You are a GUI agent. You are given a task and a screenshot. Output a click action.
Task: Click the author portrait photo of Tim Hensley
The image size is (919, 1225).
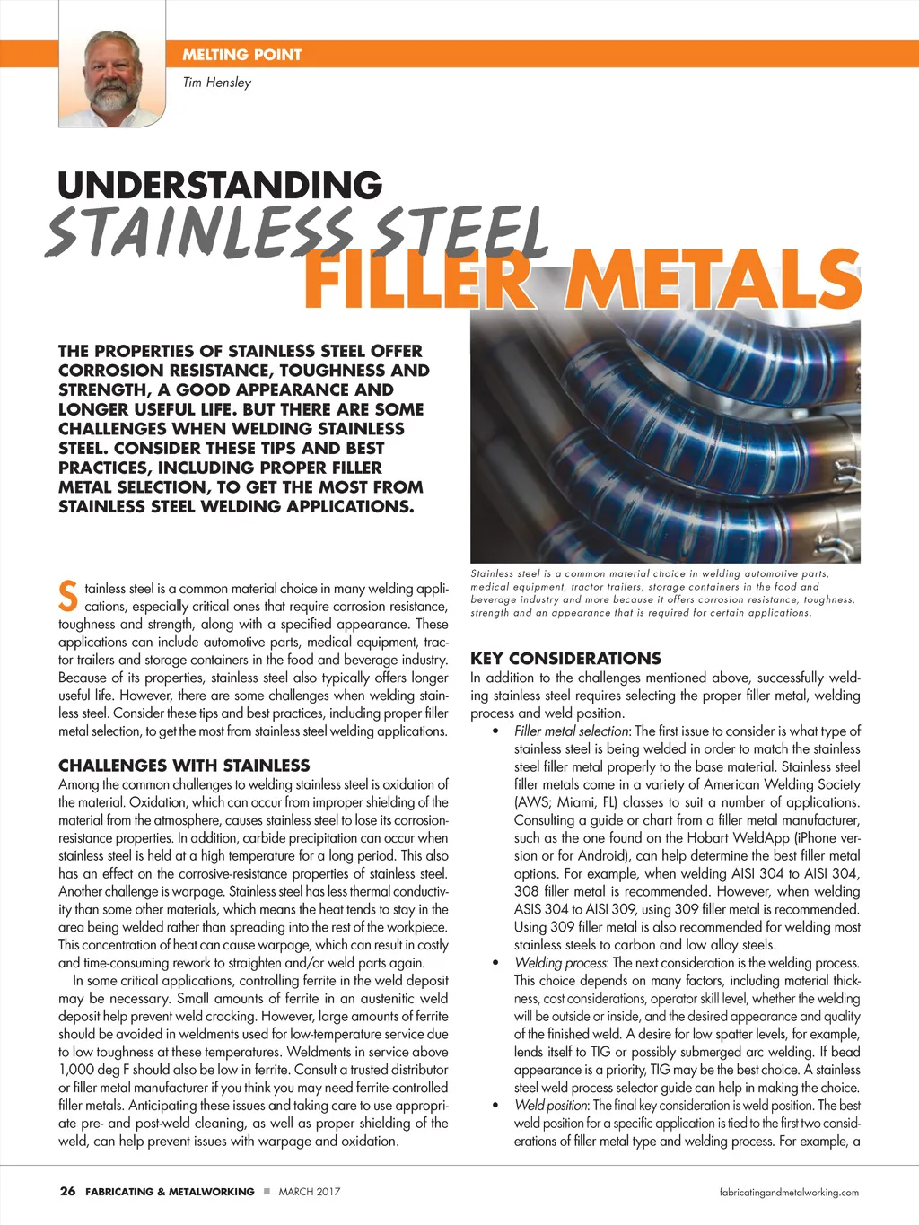tap(112, 79)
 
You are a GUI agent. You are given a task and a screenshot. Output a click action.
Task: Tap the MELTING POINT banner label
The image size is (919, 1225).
tap(241, 55)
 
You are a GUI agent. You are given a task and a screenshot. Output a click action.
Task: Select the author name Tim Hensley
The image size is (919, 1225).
tap(216, 83)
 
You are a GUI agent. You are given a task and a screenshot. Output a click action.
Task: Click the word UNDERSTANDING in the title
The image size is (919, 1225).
tap(220, 186)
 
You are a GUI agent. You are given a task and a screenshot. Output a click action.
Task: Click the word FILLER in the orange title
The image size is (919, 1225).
tap(418, 281)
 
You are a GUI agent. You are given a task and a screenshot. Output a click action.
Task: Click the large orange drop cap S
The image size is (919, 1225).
tap(68, 596)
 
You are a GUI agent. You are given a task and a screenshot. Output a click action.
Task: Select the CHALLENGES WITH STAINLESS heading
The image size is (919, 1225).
tap(184, 766)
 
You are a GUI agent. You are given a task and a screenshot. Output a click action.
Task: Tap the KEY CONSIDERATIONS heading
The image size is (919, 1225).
tap(565, 658)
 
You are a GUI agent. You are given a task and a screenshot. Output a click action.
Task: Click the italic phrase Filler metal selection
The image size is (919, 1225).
tap(572, 731)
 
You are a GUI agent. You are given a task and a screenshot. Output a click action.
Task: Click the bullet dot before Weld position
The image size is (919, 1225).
tap(496, 1107)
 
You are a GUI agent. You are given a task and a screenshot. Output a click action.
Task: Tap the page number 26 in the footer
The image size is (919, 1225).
tap(67, 1192)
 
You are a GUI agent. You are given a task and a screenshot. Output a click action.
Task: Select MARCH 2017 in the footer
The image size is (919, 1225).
tap(309, 1192)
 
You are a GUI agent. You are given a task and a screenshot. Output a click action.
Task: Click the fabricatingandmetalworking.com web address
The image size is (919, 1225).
tap(789, 1193)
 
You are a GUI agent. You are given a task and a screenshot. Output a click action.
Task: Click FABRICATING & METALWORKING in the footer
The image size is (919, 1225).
tap(170, 1192)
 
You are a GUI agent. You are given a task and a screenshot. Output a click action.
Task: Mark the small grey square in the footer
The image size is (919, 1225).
tap(267, 1192)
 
